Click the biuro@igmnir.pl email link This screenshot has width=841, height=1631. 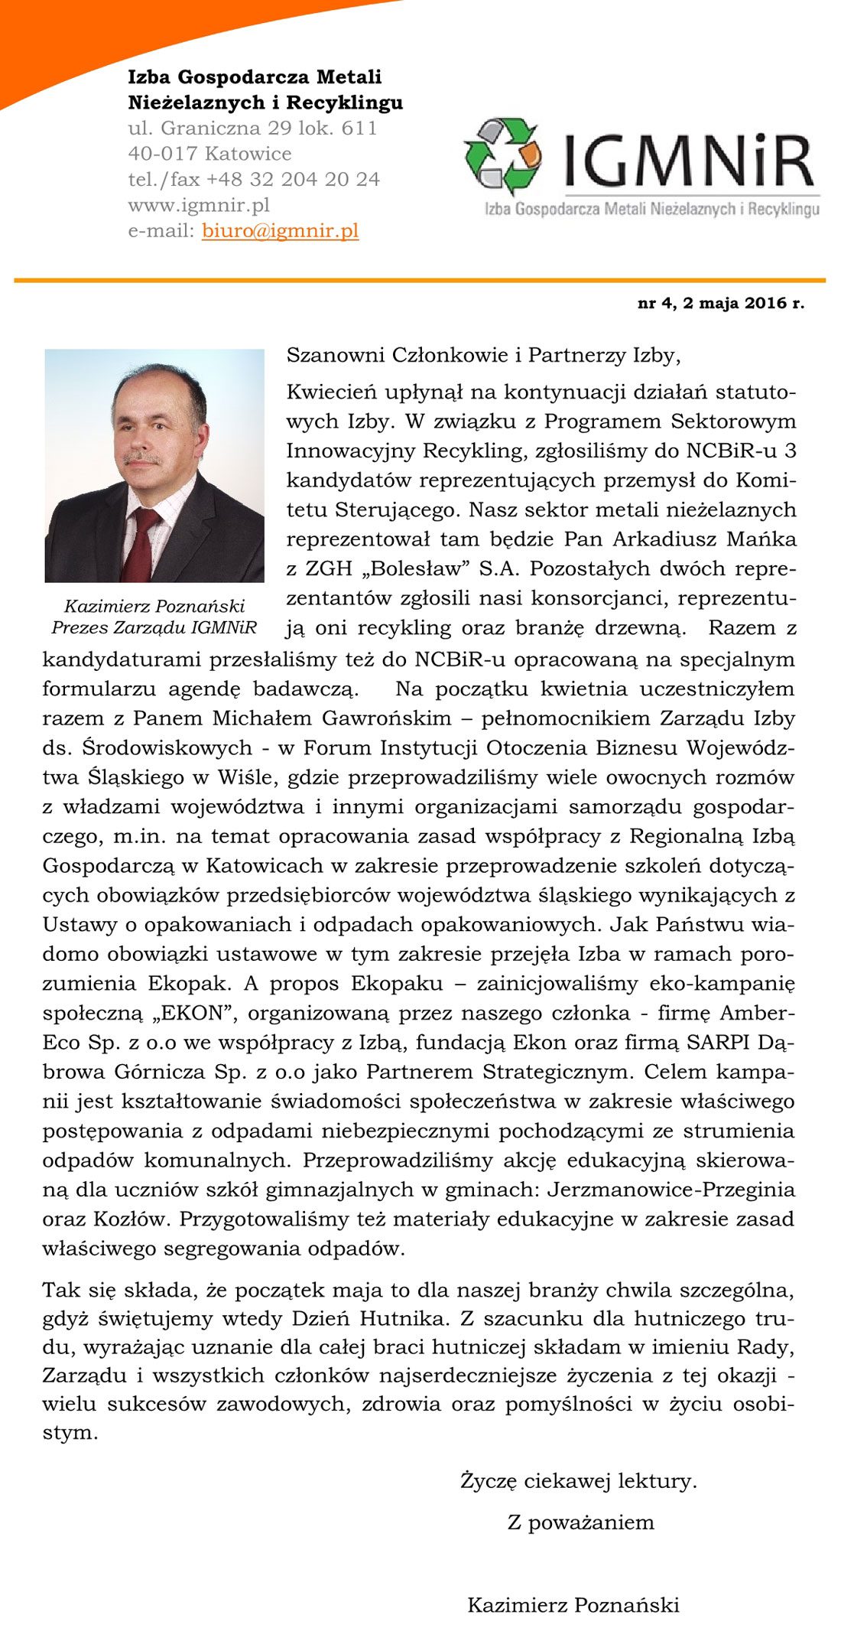(x=280, y=231)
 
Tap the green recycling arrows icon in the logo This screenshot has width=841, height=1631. (x=503, y=156)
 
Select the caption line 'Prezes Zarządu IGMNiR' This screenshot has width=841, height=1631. (x=154, y=628)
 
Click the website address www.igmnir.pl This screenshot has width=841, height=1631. (x=199, y=205)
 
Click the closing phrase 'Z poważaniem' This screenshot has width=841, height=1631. (x=581, y=1522)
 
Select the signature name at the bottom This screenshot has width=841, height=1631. (x=573, y=1605)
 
